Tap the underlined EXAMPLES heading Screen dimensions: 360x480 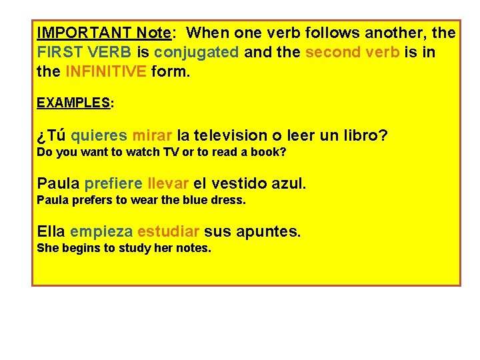(x=73, y=103)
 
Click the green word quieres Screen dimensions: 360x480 (x=99, y=136)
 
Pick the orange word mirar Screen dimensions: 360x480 (x=152, y=136)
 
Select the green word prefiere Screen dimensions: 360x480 (x=113, y=183)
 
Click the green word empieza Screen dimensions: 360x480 (x=101, y=232)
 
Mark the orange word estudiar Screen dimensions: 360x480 (x=168, y=232)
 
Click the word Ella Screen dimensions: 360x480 (x=51, y=231)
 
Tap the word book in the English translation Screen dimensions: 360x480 (x=272, y=152)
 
